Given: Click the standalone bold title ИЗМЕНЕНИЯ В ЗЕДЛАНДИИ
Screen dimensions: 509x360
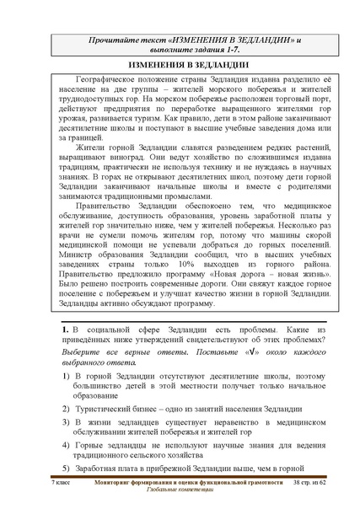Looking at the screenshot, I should [x=181, y=65].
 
